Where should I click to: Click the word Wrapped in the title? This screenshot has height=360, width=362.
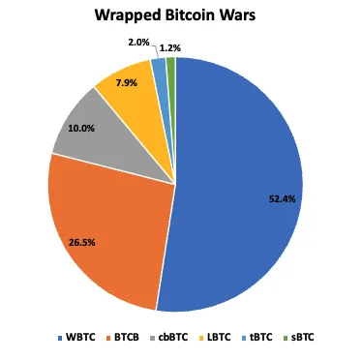click(x=123, y=15)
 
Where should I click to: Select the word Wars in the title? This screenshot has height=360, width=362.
click(x=238, y=15)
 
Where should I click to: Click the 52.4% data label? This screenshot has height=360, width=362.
click(x=283, y=198)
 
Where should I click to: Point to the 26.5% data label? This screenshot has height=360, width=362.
click(x=82, y=242)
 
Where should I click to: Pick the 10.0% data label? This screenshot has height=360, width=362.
click(x=81, y=129)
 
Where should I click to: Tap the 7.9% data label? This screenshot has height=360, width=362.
click(x=127, y=83)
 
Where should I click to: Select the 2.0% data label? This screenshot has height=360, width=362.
click(x=138, y=43)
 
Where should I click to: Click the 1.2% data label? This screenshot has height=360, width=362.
click(x=170, y=48)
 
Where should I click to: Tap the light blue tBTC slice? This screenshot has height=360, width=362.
click(x=161, y=80)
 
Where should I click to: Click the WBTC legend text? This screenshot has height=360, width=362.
click(x=80, y=338)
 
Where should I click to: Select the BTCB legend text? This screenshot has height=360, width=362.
click(x=127, y=338)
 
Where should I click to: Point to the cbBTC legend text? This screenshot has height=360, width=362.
click(x=173, y=338)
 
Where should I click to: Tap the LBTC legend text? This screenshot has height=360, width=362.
click(x=219, y=338)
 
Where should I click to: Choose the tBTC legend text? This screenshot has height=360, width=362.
click(x=261, y=338)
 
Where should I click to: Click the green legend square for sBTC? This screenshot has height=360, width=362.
click(x=286, y=338)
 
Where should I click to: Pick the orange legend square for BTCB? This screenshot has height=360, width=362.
click(x=108, y=338)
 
